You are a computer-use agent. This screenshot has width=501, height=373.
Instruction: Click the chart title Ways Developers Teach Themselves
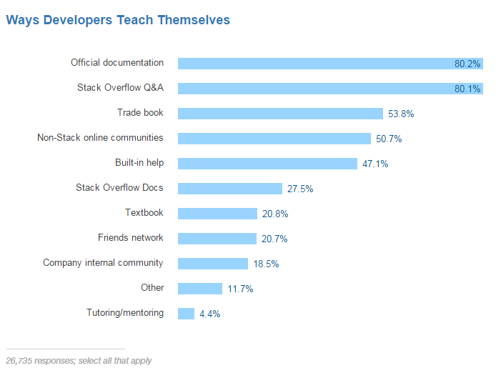click(x=118, y=20)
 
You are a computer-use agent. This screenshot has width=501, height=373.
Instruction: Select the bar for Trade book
click(x=280, y=114)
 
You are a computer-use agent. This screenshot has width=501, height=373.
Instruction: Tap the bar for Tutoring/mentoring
click(x=186, y=314)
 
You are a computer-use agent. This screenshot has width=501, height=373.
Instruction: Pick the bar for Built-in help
click(x=267, y=164)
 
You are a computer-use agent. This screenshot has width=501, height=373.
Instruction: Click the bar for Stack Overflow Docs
click(x=230, y=189)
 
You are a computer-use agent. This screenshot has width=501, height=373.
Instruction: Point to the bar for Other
click(x=200, y=289)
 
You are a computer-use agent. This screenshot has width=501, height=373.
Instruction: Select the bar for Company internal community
click(x=213, y=264)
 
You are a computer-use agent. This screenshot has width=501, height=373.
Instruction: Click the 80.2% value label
click(x=467, y=64)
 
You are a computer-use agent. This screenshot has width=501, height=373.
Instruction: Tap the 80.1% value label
click(x=467, y=89)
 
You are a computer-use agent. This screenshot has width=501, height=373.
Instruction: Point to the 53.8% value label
click(x=401, y=114)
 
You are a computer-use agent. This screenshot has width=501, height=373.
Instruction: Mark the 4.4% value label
click(x=209, y=314)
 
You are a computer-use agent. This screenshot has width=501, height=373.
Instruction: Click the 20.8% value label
click(x=275, y=214)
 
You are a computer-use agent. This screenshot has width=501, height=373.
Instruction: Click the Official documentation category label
click(x=117, y=63)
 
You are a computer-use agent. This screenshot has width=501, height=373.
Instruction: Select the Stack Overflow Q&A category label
click(x=120, y=88)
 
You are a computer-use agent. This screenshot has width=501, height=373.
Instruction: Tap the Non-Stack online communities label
click(x=100, y=137)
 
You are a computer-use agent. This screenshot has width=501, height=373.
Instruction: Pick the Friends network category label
click(x=131, y=237)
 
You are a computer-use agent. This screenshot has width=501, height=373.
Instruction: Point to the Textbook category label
click(x=144, y=212)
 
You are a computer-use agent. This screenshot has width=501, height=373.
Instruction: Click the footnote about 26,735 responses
click(x=79, y=361)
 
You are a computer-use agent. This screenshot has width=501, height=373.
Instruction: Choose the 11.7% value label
click(x=240, y=289)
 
